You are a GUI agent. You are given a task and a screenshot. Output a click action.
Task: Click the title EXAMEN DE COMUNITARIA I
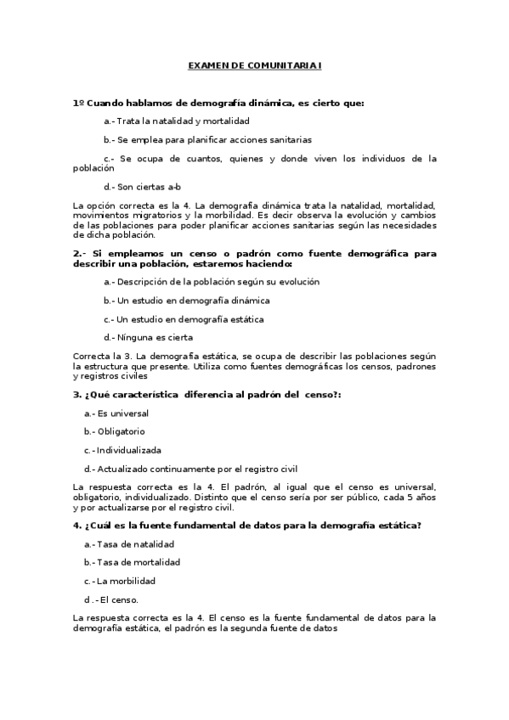coord(254,65)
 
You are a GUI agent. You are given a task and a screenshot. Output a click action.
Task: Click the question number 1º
coord(79,103)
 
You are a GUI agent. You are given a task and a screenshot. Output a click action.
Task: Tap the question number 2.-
coord(81,253)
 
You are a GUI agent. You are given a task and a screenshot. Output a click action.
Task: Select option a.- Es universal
coord(116,413)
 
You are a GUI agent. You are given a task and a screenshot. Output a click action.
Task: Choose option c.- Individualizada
coord(122,450)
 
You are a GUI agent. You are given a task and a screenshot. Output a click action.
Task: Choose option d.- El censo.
coord(115,599)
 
